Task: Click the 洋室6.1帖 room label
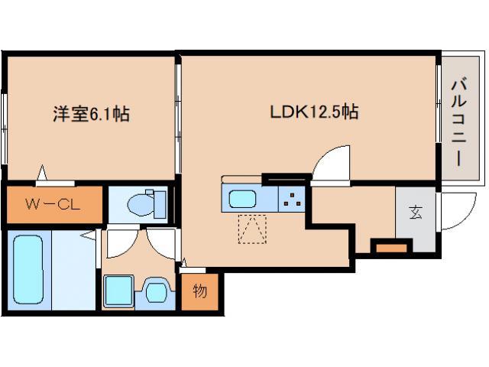point(90,115)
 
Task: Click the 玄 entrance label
point(415,213)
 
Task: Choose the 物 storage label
point(199,291)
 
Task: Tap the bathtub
point(29,269)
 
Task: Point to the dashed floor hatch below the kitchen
point(253,229)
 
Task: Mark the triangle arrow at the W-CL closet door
point(44,174)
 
